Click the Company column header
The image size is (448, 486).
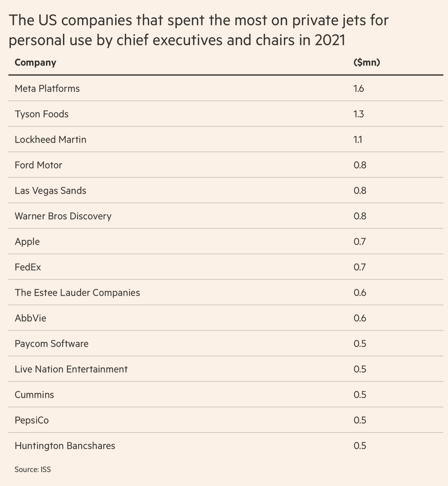[x=36, y=63]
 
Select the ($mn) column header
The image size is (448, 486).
[x=367, y=63]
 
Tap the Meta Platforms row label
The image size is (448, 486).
[x=47, y=89]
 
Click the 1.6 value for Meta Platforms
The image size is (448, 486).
[x=359, y=89]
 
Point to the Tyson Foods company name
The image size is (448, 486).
[x=42, y=114]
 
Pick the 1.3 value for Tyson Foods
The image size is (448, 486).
[x=359, y=114]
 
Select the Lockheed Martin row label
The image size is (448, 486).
[x=51, y=140]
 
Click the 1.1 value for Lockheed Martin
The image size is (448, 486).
[x=358, y=140]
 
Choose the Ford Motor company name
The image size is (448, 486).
[x=38, y=165]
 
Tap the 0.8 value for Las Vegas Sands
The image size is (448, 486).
[x=360, y=191]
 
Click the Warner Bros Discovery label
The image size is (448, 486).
[x=63, y=216]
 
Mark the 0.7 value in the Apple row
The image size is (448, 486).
[x=359, y=242]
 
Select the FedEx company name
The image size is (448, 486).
[x=28, y=267]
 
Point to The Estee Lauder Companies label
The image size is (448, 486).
[x=77, y=293]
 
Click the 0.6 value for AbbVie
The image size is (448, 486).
[x=360, y=318]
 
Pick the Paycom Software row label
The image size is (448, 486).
[x=52, y=344]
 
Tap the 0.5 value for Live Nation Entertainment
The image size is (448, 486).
[x=360, y=369]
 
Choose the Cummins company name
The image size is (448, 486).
[x=34, y=395]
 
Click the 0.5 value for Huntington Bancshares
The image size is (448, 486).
[x=360, y=446]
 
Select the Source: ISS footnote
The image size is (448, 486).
[x=33, y=470]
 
